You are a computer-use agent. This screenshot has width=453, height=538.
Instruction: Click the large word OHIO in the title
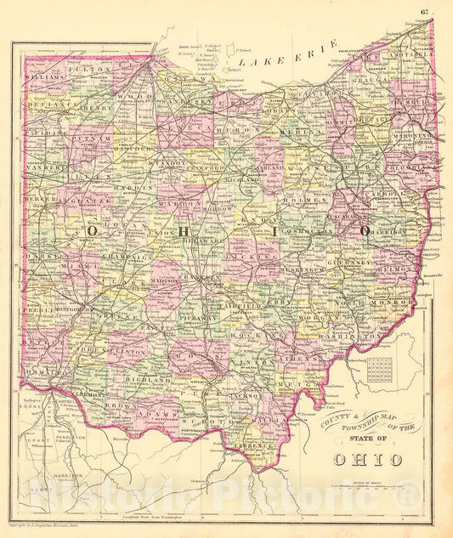point(355,459)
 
